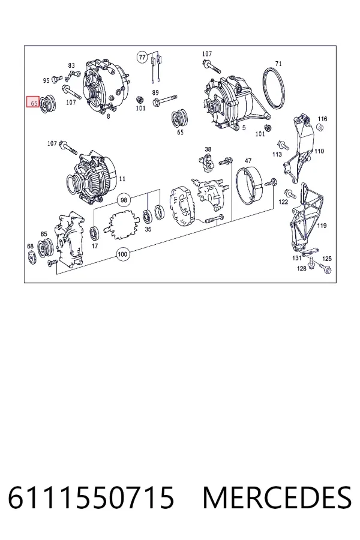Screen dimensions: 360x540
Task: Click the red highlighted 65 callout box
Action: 33,102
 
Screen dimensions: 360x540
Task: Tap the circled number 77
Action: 142,57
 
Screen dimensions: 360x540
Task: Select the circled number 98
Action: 124,200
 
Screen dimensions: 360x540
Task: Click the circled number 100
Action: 122,254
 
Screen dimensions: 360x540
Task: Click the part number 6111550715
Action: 91,498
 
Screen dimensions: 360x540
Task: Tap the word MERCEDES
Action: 278,498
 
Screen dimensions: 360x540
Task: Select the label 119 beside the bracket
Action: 322,226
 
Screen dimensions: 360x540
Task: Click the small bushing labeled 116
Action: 319,128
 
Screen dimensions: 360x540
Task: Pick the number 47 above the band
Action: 248,161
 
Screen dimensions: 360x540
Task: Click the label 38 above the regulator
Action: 208,149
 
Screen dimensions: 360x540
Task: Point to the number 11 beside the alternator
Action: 122,179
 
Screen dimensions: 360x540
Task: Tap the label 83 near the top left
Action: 71,65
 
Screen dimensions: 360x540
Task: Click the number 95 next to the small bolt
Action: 46,80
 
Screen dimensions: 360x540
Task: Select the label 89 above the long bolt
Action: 155,92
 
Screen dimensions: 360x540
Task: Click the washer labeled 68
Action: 31,258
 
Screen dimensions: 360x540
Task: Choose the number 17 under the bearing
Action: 95,246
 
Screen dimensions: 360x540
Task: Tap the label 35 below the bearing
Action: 148,229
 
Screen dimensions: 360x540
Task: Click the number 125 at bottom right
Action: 327,259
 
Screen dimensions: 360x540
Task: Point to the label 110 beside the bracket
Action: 319,151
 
